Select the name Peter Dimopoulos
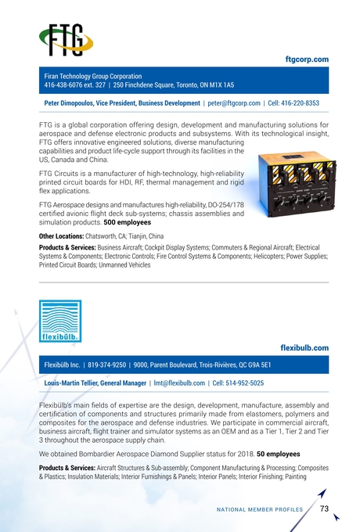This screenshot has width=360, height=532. pos(77,102)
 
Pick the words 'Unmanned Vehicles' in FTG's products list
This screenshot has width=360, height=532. pos(121,264)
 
